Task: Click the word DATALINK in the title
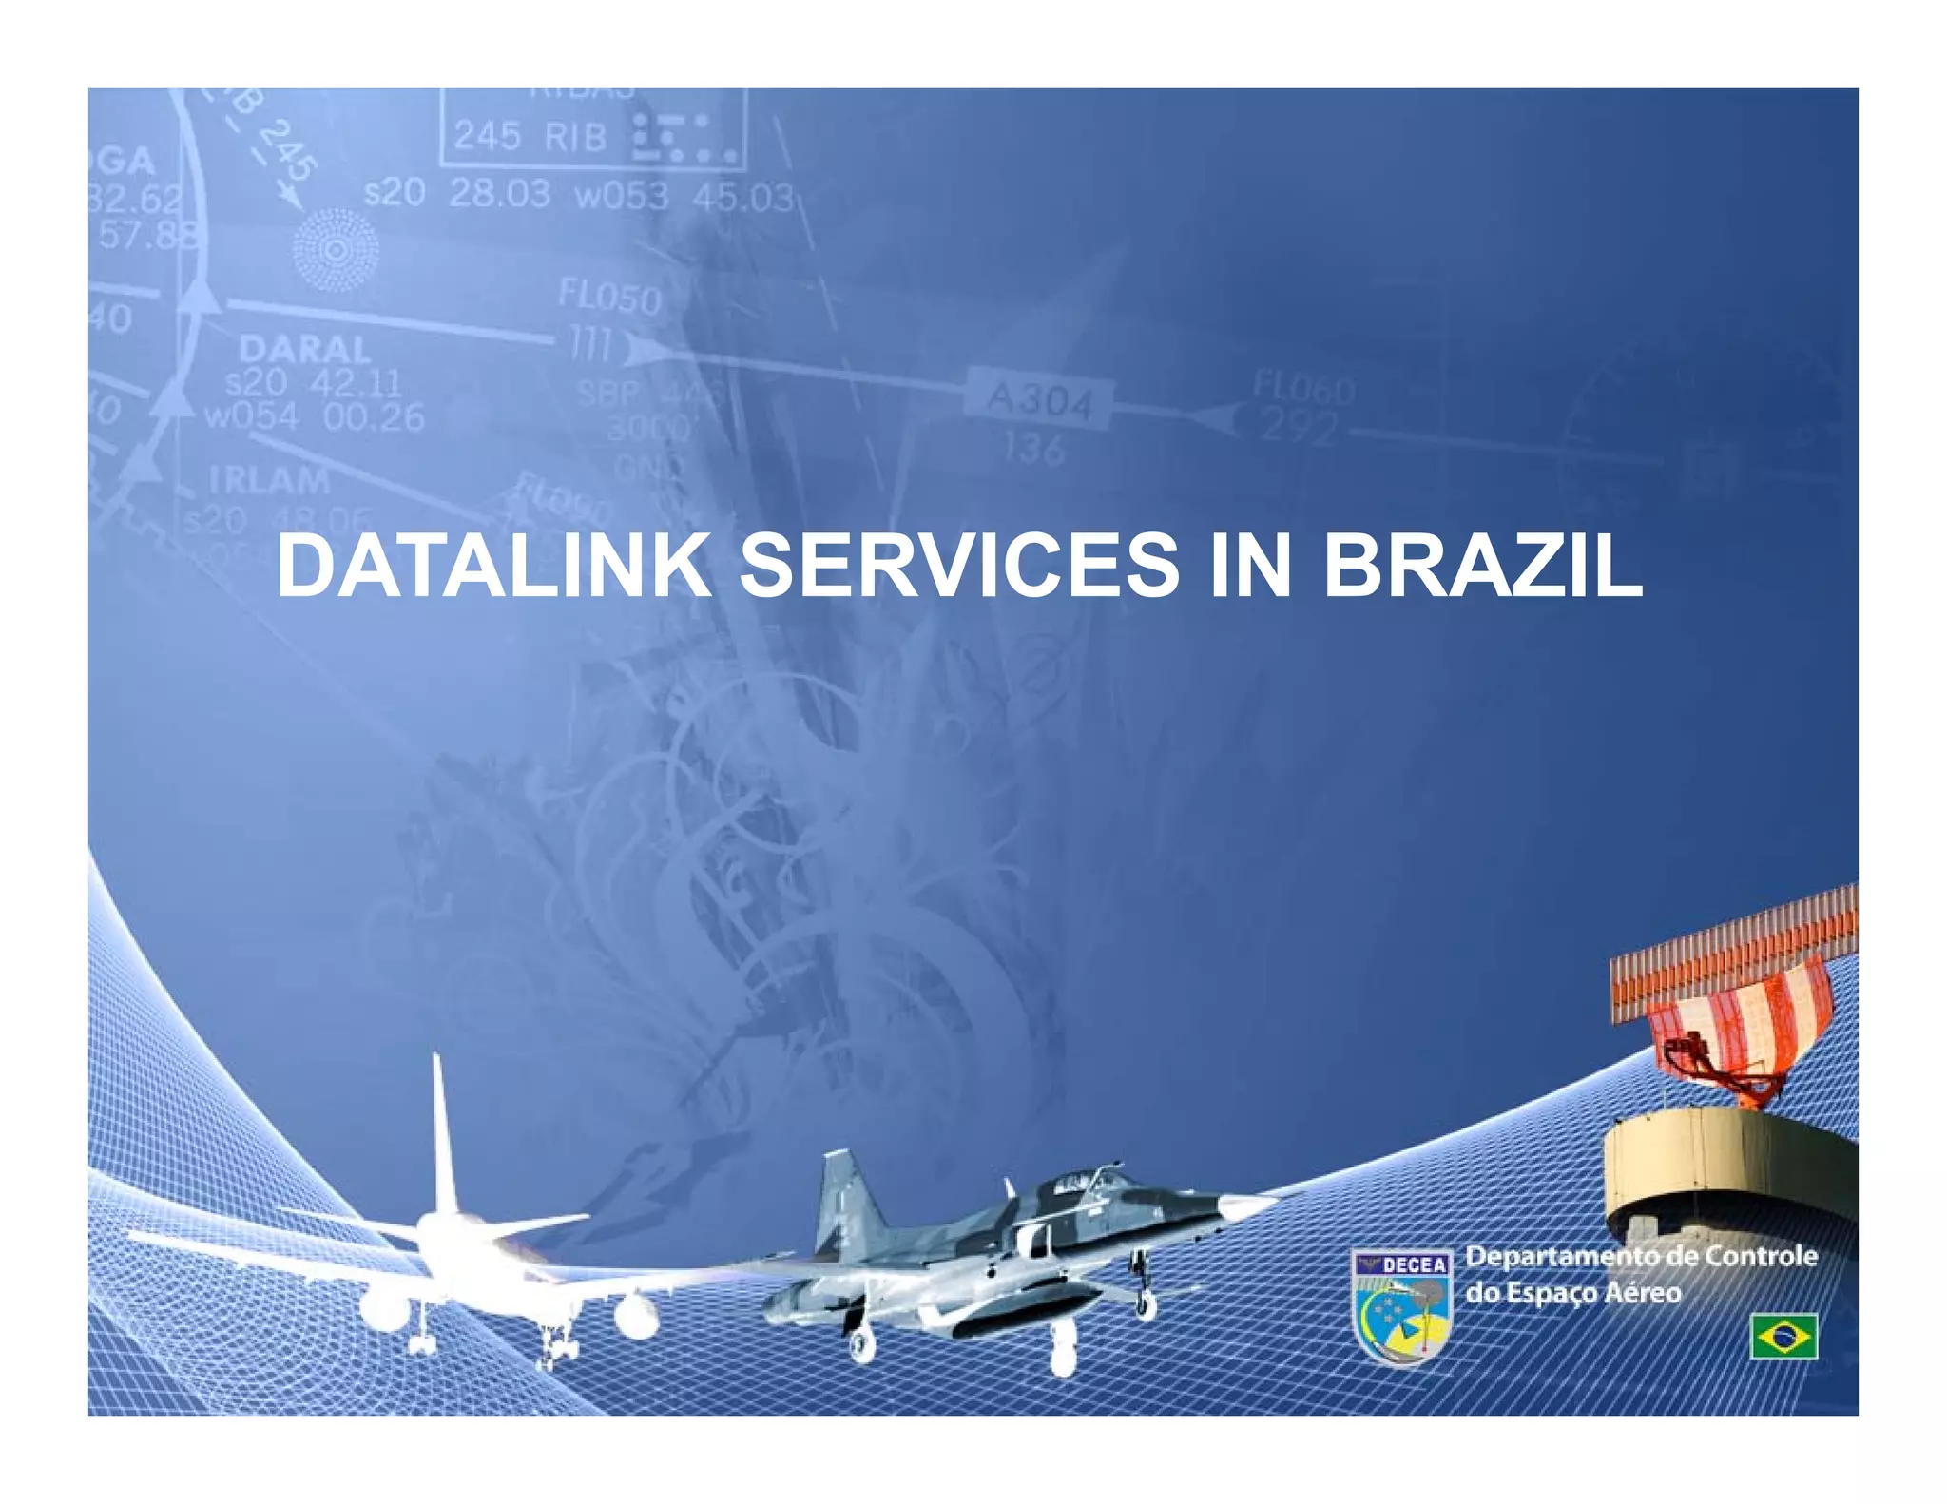click(492, 567)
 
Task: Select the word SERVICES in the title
click(958, 567)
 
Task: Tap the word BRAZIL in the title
click(1482, 567)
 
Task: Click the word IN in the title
click(1249, 567)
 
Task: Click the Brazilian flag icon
click(1783, 1336)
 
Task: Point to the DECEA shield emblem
click(1401, 1306)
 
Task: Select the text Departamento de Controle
click(1641, 1256)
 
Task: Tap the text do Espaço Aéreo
click(1572, 1293)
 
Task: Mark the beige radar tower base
click(1730, 1169)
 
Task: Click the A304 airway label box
click(1039, 400)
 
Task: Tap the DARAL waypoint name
click(304, 350)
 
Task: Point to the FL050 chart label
click(609, 298)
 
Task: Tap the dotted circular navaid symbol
click(335, 250)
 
